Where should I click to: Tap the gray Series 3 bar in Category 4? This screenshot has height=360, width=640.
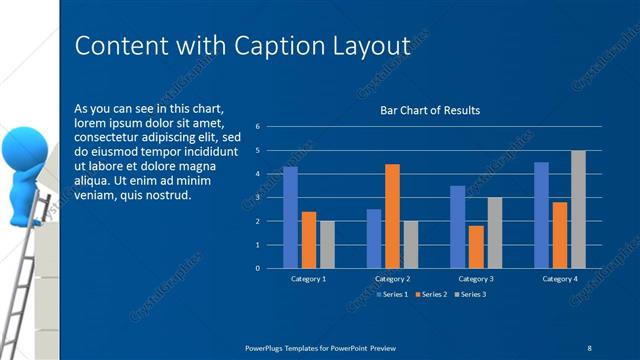pyautogui.click(x=578, y=209)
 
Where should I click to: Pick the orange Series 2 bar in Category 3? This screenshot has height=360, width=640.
pyautogui.click(x=475, y=247)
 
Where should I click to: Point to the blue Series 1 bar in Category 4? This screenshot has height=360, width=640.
pyautogui.click(x=541, y=215)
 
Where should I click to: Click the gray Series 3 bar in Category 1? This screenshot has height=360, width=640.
pyautogui.click(x=327, y=244)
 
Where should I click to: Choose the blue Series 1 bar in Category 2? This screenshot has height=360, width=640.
pyautogui.click(x=374, y=238)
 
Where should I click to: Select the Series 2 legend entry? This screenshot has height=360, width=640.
pyautogui.click(x=431, y=294)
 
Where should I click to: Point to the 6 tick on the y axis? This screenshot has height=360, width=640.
pyautogui.click(x=258, y=127)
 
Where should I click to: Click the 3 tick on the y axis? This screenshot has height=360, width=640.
pyautogui.click(x=258, y=197)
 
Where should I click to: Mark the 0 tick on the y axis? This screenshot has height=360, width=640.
pyautogui.click(x=258, y=268)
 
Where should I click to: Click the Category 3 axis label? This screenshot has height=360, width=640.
pyautogui.click(x=475, y=278)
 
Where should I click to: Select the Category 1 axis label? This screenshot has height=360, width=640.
pyautogui.click(x=308, y=278)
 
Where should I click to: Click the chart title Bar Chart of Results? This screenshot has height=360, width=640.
pyautogui.click(x=430, y=110)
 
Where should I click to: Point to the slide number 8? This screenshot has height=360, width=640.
pyautogui.click(x=589, y=346)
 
